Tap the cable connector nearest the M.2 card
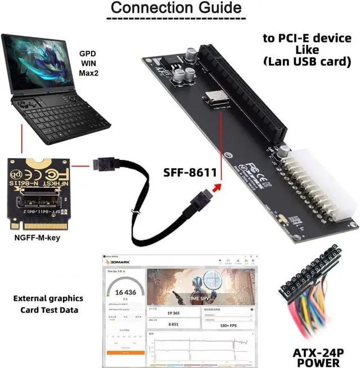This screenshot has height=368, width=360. pyautogui.click(x=106, y=165)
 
